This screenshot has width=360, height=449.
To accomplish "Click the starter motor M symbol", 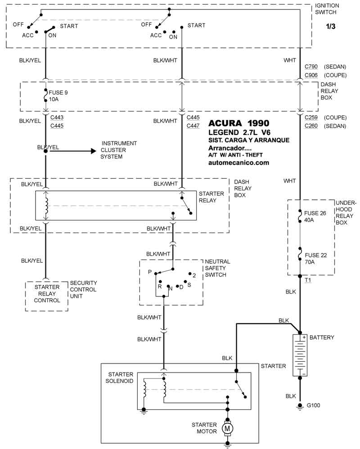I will [x=227, y=429].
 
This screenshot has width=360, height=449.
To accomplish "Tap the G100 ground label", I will [x=314, y=405].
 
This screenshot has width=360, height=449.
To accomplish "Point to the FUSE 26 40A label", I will [x=315, y=217].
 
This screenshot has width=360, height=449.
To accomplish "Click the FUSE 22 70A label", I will [x=315, y=258].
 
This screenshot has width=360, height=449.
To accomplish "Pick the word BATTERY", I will [x=322, y=337].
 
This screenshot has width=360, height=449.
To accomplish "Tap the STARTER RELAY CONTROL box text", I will [x=47, y=294].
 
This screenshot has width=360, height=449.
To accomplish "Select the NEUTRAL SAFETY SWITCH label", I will [x=217, y=268].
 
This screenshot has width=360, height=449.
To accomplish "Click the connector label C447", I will [x=193, y=126].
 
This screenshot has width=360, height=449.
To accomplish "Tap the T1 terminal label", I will [x=308, y=280].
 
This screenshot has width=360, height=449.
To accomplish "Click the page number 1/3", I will [x=331, y=27].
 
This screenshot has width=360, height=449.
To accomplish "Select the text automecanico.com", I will [x=239, y=162].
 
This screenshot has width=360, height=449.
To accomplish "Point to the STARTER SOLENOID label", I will [x=121, y=378].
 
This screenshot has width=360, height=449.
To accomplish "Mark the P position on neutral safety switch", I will [x=150, y=272].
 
